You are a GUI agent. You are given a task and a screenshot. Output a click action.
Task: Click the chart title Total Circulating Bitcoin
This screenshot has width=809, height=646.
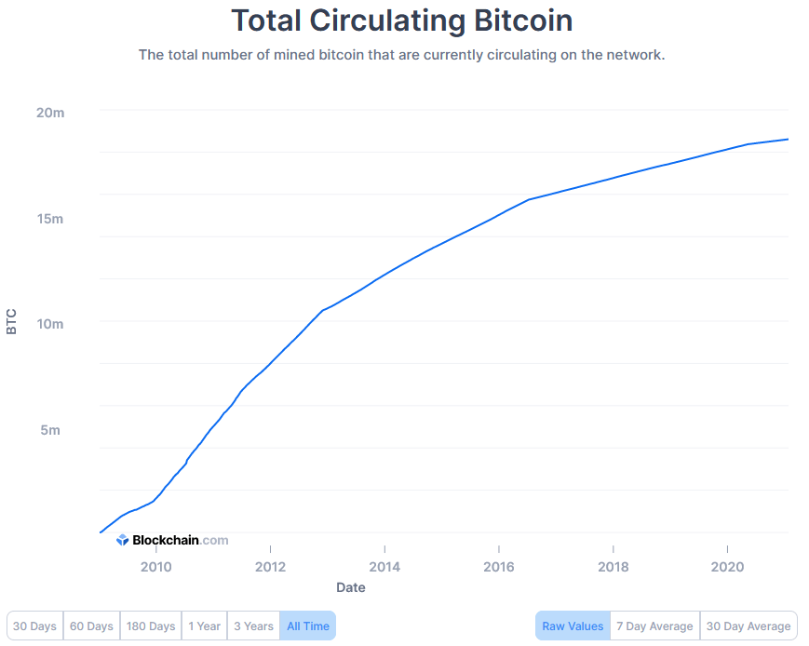point(401,20)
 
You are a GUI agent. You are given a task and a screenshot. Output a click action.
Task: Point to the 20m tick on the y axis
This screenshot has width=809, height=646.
point(50,113)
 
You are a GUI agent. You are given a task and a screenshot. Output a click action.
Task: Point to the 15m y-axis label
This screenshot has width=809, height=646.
point(50,219)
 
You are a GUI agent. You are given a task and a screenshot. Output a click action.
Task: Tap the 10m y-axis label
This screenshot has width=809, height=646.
point(50,324)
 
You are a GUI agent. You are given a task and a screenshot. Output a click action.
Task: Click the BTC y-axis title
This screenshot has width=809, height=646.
point(11,322)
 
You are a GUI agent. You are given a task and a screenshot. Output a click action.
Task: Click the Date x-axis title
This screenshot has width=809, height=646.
point(351,587)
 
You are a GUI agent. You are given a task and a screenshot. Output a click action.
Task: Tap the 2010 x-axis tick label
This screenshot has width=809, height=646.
point(155,567)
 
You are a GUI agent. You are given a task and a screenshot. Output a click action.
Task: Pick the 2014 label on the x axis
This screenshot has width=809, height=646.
point(384,567)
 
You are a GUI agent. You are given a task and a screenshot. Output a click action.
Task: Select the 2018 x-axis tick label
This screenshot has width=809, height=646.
point(613,567)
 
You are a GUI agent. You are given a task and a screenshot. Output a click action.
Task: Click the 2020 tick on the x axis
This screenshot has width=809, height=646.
point(726,567)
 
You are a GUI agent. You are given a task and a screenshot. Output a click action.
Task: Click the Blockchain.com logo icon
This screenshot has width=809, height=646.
point(122,540)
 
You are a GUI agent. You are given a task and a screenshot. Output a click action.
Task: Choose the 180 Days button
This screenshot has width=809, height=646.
point(151,626)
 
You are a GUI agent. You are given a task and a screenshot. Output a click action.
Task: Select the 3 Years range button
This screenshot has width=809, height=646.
point(253,626)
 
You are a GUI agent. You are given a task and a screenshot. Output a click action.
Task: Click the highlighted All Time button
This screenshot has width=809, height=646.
point(307,626)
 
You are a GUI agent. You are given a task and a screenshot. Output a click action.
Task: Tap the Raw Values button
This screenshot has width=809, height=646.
point(573,626)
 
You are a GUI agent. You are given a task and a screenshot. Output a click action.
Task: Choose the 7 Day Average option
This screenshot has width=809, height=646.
point(655,626)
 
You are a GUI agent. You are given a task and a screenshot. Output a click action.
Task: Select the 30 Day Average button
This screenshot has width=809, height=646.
point(748,626)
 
